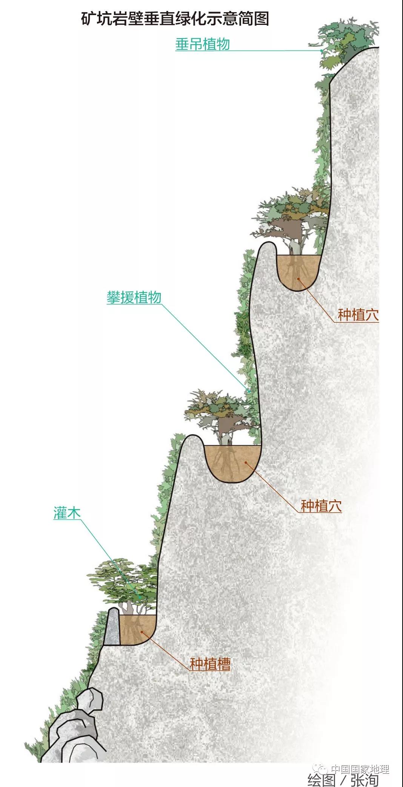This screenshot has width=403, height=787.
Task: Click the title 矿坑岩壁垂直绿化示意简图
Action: click(175, 18)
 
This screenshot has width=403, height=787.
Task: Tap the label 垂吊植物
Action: click(203, 44)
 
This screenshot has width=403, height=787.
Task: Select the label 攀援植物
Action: click(134, 297)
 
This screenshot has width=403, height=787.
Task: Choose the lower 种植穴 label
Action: click(321, 506)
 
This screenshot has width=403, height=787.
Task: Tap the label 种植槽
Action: click(210, 664)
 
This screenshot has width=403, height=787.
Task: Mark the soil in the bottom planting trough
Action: click(137, 630)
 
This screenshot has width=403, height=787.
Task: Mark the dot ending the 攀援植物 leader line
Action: click(249, 391)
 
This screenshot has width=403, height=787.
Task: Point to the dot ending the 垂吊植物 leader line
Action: click(321, 51)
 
